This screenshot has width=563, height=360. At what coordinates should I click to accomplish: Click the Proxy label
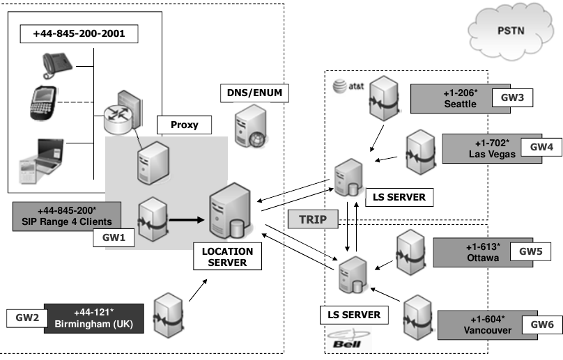coord(185,125)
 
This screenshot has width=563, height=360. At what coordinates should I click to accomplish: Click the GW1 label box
coord(114,237)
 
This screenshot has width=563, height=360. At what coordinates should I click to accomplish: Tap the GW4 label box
coord(541,148)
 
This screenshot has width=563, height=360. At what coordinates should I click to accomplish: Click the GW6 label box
coord(541,323)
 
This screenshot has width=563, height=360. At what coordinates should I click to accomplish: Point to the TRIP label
coord(313,220)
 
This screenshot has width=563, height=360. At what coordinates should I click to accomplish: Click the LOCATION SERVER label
coord(227,256)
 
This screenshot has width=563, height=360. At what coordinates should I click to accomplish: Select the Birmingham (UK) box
coord(94,319)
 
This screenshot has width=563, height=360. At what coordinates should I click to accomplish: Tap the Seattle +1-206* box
coord(454,98)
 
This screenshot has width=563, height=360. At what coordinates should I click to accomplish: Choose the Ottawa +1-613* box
coord(476,251)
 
